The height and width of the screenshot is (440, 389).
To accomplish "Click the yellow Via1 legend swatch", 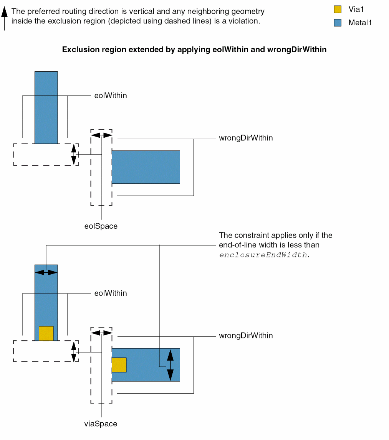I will [338, 9].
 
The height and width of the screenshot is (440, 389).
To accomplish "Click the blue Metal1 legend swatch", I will [338, 23].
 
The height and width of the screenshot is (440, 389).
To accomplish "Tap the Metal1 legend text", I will [360, 23].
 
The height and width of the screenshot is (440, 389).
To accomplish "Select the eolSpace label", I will [101, 226].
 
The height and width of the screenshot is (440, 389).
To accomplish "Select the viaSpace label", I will [101, 424].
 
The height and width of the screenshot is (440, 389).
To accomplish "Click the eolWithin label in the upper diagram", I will [111, 96].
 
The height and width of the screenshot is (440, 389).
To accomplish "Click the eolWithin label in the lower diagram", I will [111, 293].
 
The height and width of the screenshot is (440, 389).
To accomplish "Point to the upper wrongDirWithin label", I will [246, 138].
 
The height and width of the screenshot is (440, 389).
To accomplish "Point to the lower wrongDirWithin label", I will [246, 336].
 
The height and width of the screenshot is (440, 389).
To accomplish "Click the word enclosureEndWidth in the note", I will [263, 255].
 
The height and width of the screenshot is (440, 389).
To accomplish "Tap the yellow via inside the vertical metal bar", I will [46, 333].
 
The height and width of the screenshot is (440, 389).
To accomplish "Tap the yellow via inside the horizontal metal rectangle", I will [119, 364].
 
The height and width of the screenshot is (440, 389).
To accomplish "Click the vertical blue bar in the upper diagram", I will [46, 107].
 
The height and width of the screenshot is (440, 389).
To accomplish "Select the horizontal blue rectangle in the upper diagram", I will [146, 167].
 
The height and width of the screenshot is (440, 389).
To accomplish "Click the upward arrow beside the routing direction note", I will [4, 18].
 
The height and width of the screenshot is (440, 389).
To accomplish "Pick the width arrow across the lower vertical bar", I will [46, 272].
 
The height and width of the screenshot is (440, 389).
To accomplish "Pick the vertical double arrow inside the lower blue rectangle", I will [170, 365].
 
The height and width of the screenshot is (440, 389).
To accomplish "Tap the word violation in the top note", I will [245, 21].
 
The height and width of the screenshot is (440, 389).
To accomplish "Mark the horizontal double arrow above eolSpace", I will [102, 135].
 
